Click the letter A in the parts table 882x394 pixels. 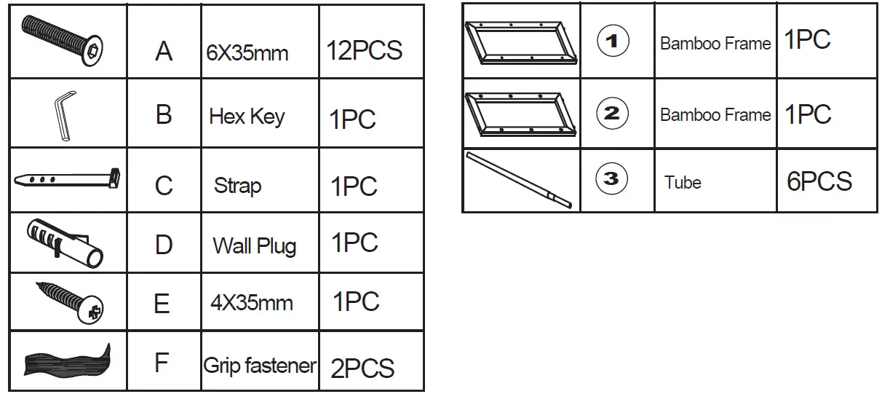tap(164, 50)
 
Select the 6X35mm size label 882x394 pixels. tap(247, 53)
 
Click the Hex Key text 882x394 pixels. tap(247, 117)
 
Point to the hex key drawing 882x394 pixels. tap(64, 114)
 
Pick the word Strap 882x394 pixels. tap(237, 186)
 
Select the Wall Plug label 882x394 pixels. tap(254, 245)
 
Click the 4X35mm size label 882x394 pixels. tap(251, 302)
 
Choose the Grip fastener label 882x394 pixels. tap(260, 365)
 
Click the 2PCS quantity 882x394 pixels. tap(362, 367)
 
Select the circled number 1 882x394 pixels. tap(612, 42)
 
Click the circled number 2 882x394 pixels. tap(612, 113)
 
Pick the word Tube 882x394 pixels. tap(683, 182)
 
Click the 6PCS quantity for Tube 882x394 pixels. tap(819, 181)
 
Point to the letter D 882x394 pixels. tap(163, 245)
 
